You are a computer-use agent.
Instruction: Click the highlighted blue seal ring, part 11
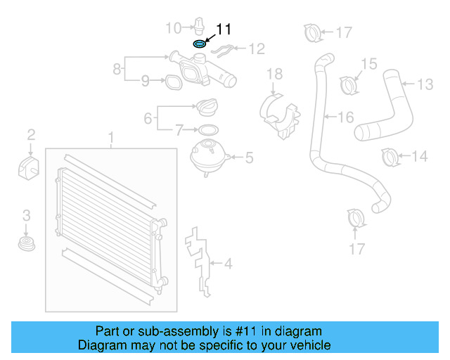coord(200,44)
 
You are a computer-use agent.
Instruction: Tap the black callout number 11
coord(224,29)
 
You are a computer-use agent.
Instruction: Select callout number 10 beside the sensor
coord(173,28)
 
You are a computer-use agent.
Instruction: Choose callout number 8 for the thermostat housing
coord(117,69)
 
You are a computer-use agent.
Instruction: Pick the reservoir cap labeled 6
coord(209,109)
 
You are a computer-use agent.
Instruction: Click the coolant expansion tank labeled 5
coord(206,155)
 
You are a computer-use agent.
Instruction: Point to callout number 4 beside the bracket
coord(227,264)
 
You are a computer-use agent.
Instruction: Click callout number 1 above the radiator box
coord(110,135)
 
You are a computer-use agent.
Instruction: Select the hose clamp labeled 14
coord(390,157)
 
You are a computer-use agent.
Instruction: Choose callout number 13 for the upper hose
coord(425,84)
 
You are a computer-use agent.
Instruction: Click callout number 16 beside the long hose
coord(345,117)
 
